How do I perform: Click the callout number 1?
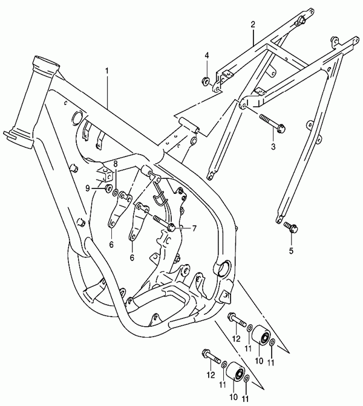point(107,71)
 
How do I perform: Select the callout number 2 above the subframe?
point(253,25)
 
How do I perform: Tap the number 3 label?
point(273,147)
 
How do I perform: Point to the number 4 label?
point(206,56)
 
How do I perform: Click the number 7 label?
point(195,228)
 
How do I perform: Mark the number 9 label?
point(88,188)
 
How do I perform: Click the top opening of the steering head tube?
point(44,63)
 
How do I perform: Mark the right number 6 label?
point(131,256)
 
